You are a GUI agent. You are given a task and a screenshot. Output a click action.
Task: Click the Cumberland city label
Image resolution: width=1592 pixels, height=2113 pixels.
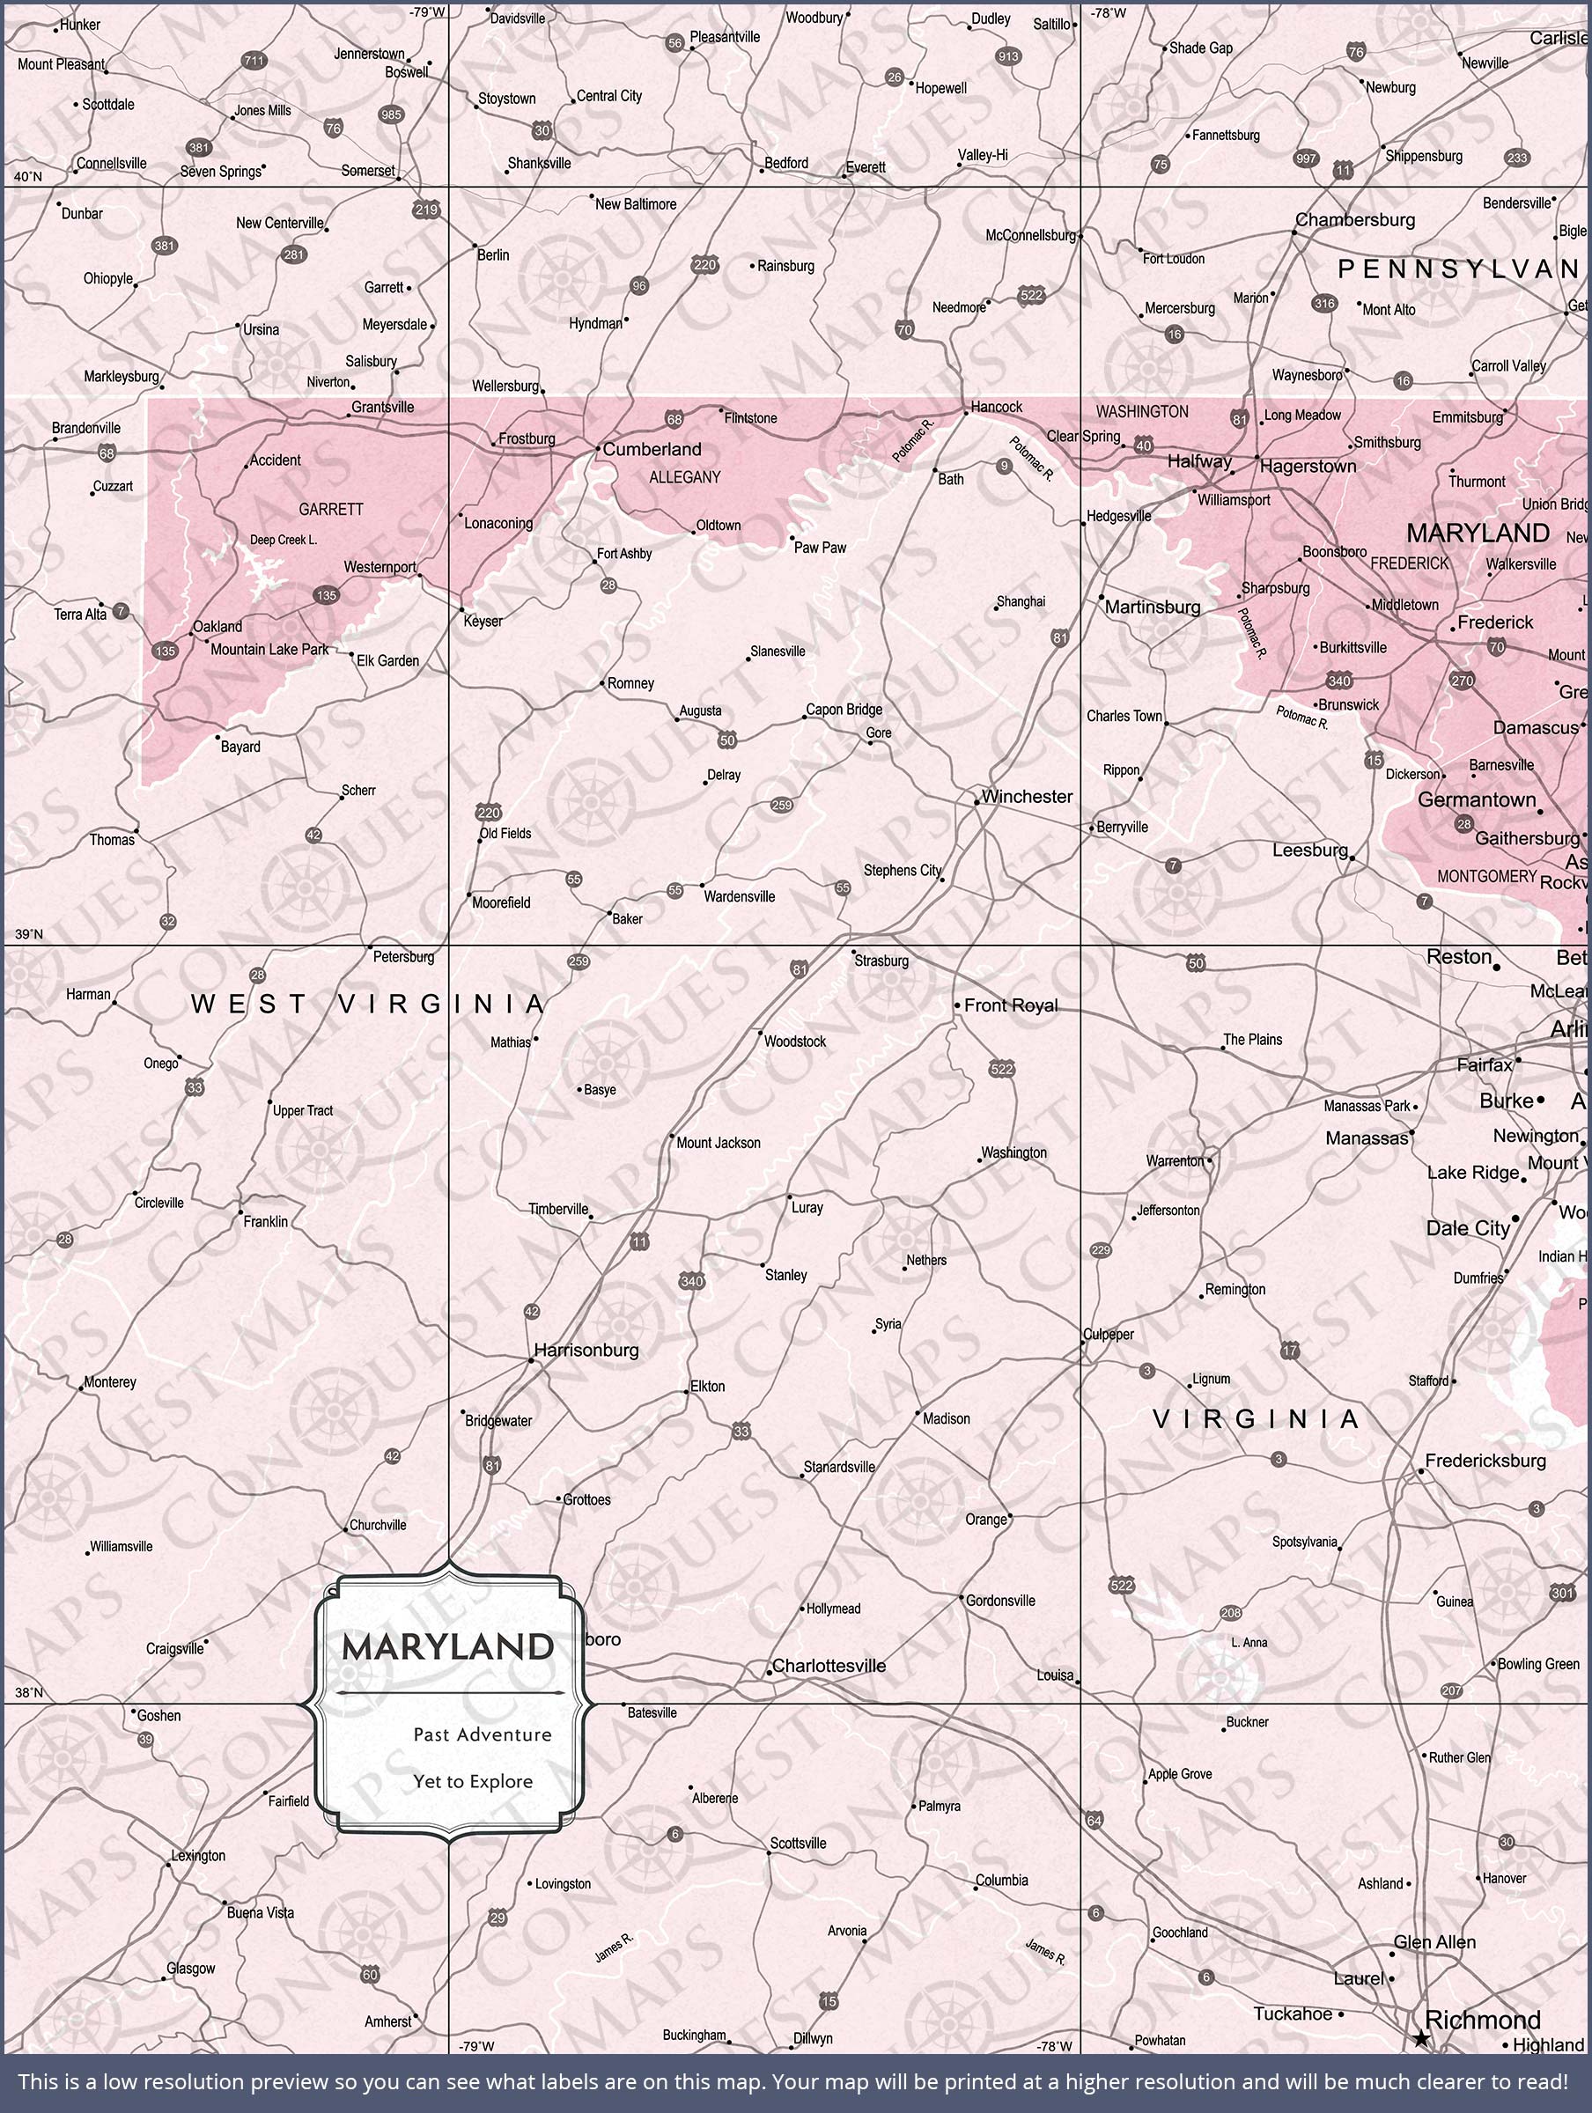(652, 449)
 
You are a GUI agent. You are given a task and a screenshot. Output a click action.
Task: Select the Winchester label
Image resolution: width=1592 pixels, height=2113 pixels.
(1027, 797)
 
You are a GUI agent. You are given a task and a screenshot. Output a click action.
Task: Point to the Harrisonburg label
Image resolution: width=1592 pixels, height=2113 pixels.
(586, 1350)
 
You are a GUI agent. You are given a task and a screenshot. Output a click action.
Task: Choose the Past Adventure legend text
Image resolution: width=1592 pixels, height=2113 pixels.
(482, 1734)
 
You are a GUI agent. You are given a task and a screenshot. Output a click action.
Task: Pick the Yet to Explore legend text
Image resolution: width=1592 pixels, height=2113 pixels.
(473, 1782)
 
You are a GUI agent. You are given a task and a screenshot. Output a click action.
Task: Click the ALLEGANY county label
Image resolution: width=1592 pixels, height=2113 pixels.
(684, 476)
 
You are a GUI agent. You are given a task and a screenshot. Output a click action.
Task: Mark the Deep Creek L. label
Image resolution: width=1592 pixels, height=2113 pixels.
(283, 540)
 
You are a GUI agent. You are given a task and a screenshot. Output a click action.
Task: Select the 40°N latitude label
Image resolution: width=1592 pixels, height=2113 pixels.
(27, 177)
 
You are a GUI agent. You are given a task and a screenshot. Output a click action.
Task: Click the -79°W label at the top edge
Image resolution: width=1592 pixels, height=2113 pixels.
(427, 12)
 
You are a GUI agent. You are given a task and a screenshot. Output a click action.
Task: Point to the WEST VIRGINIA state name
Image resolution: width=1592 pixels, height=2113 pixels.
(368, 1004)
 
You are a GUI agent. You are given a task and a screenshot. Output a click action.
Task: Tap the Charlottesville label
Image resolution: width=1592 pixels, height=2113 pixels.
(829, 1666)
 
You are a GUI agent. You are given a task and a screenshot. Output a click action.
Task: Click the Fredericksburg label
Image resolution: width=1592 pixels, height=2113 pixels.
(1485, 1461)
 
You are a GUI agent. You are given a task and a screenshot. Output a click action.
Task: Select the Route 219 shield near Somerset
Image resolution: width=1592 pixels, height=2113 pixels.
(426, 210)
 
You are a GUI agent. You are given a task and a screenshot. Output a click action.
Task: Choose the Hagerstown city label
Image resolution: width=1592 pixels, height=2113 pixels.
(1308, 466)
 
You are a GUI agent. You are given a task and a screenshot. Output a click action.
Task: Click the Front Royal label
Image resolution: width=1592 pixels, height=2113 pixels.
(1010, 1005)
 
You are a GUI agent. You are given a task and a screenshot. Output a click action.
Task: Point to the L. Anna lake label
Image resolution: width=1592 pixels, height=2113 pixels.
(1249, 1643)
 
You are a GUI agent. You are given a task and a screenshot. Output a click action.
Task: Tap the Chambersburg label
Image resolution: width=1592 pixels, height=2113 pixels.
(1354, 220)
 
